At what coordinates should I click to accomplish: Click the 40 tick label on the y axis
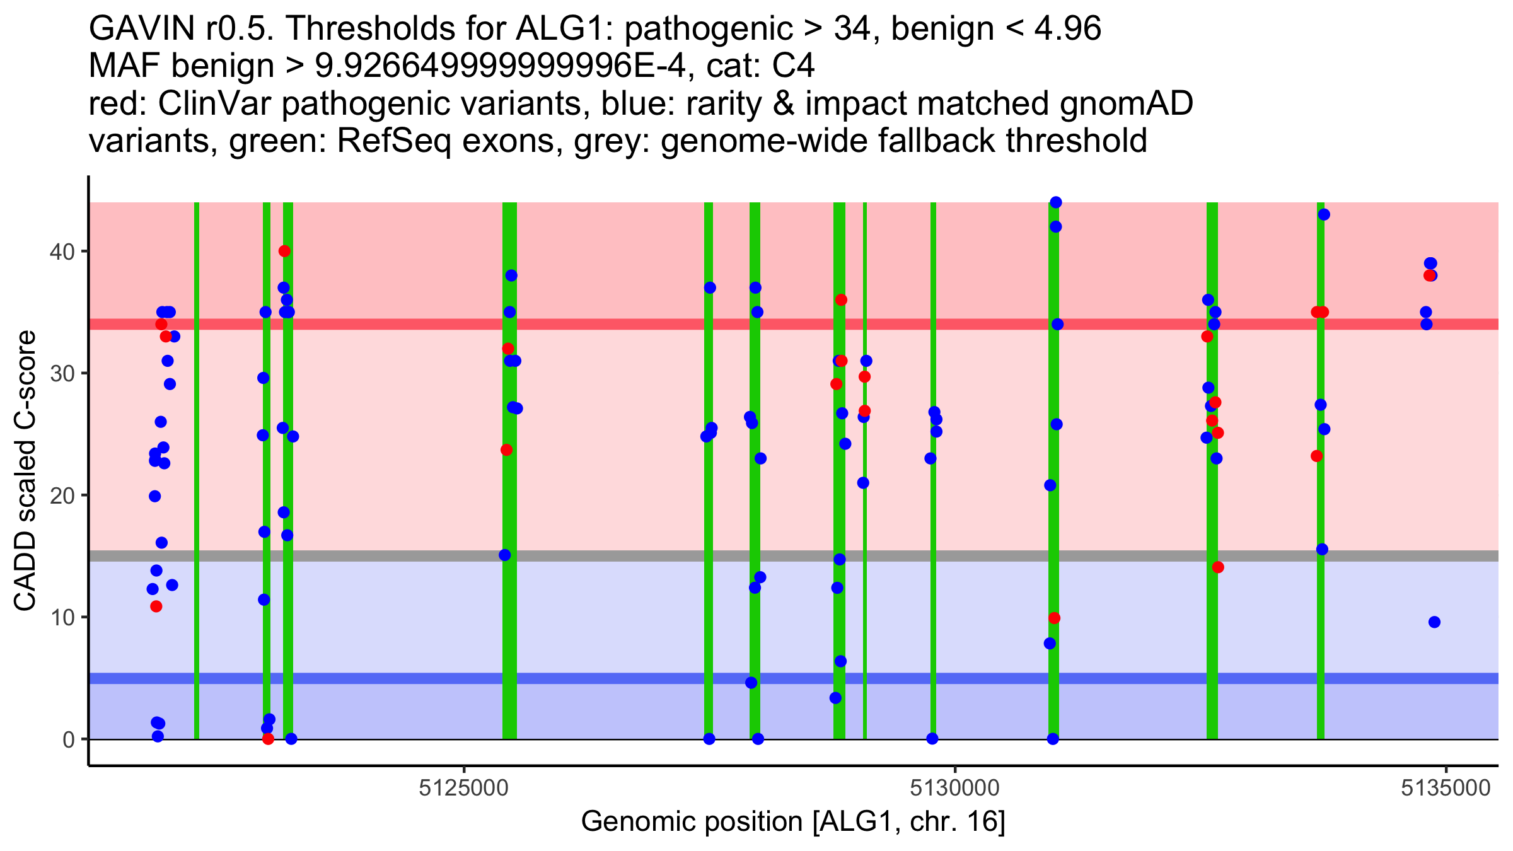61,252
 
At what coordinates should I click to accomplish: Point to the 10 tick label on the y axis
61,617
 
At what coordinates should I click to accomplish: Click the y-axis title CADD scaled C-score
25,471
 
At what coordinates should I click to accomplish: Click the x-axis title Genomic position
792,822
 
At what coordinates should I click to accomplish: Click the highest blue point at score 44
1055,202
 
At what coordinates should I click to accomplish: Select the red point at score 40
284,251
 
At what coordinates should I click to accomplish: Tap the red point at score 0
268,739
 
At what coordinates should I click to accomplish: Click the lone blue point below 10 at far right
1434,622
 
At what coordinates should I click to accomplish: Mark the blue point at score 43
1324,214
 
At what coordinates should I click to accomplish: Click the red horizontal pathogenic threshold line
630,324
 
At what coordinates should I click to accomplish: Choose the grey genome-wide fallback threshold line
630,556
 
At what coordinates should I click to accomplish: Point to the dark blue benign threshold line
630,678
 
